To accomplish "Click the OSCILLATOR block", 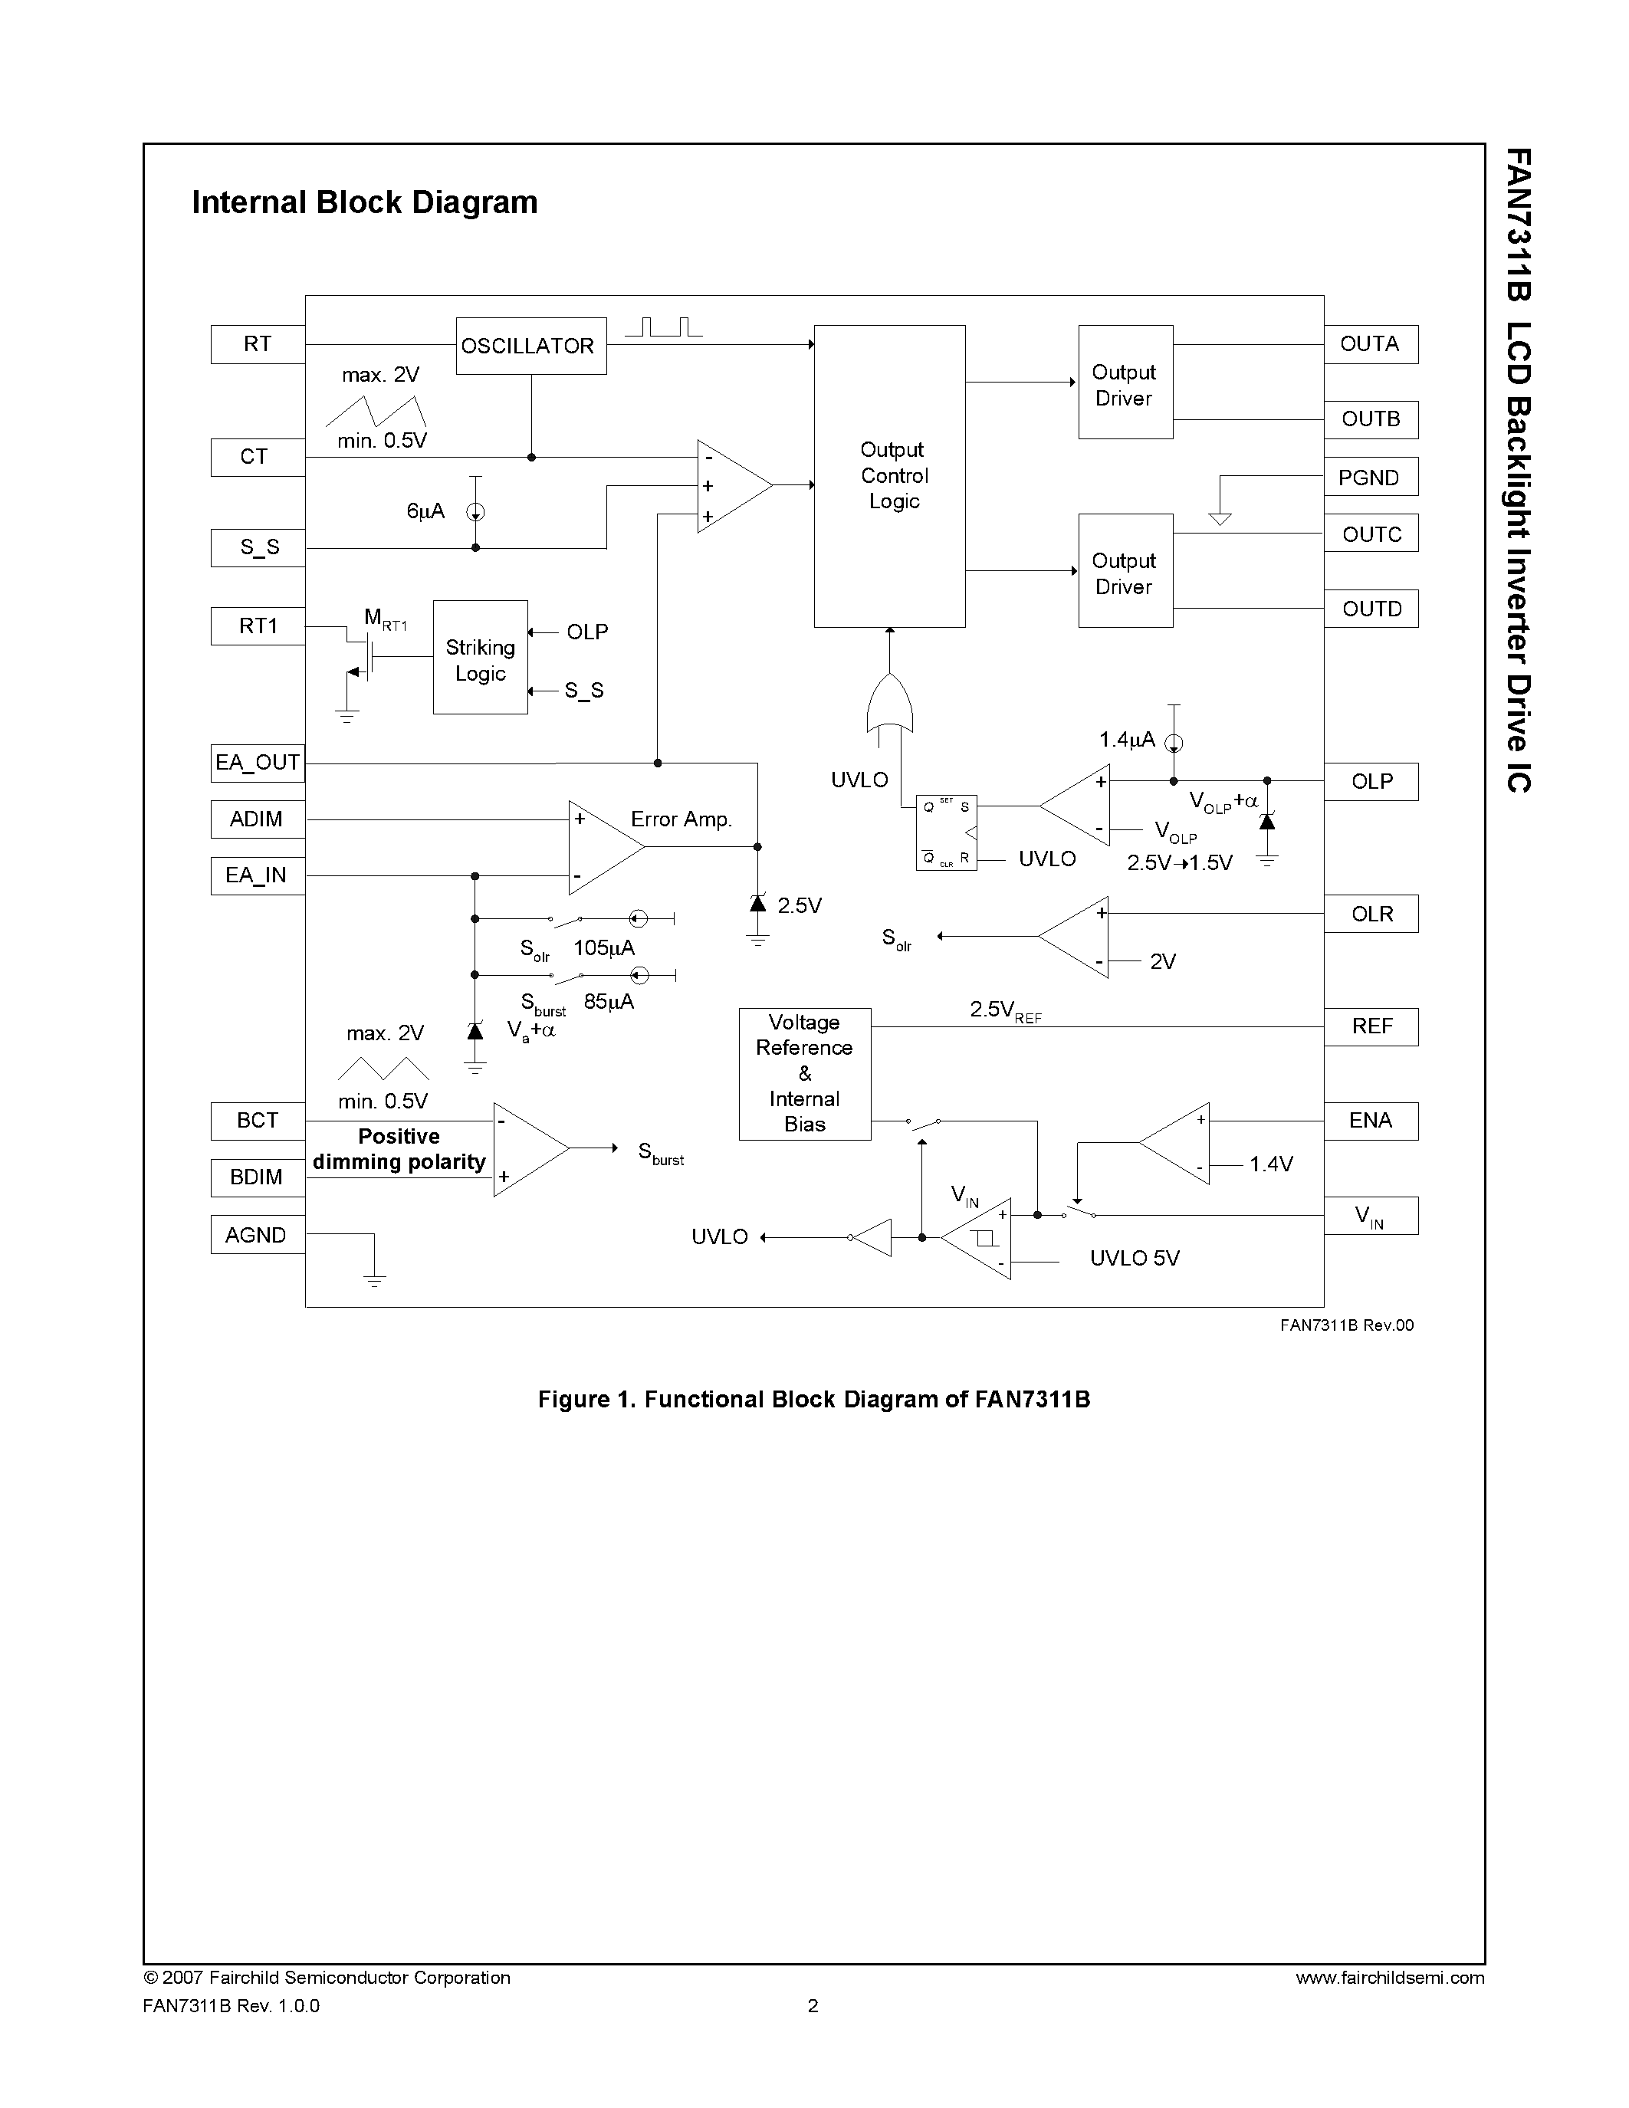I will (530, 346).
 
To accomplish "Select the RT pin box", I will (258, 345).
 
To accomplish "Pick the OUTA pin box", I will (1371, 345).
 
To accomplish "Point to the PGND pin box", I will (1371, 477).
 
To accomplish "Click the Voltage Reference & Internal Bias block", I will (805, 1073).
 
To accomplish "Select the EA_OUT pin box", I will (258, 763).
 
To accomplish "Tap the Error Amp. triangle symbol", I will (601, 846).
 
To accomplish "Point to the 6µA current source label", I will (425, 511).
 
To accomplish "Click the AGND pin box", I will (258, 1234).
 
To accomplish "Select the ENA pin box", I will (1371, 1121).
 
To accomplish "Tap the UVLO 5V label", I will (1134, 1258).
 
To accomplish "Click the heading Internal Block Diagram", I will (365, 202).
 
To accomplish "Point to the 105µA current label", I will (603, 947).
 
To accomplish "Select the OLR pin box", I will (1371, 914).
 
